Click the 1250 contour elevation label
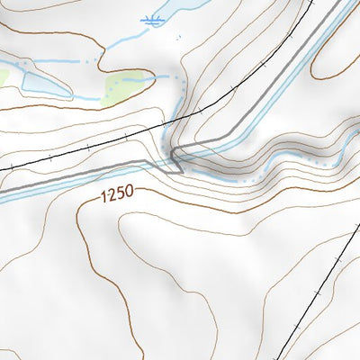[x=120, y=193]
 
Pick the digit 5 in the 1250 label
[x=123, y=193]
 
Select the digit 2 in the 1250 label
[x=115, y=193]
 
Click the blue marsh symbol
[x=154, y=19]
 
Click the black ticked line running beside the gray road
[x=90, y=144]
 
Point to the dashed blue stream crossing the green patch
[x=135, y=78]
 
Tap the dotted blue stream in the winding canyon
[x=297, y=159]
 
